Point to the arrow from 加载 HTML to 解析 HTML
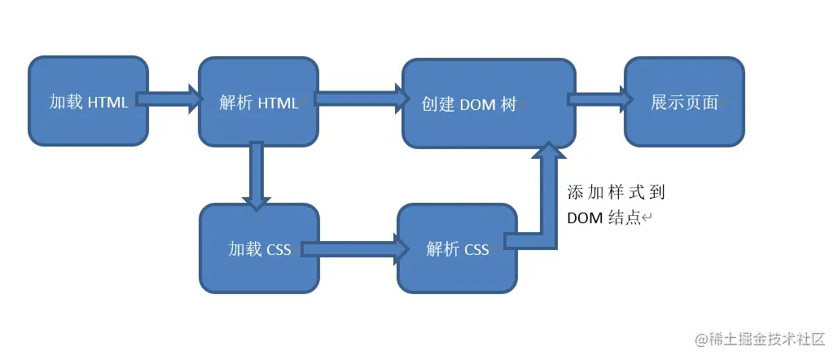click(x=169, y=99)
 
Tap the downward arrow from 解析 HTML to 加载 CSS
click(x=257, y=176)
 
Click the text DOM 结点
click(x=607, y=218)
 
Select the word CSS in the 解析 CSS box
click(x=476, y=249)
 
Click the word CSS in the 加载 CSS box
click(x=279, y=249)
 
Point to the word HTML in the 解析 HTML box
click(x=279, y=103)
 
